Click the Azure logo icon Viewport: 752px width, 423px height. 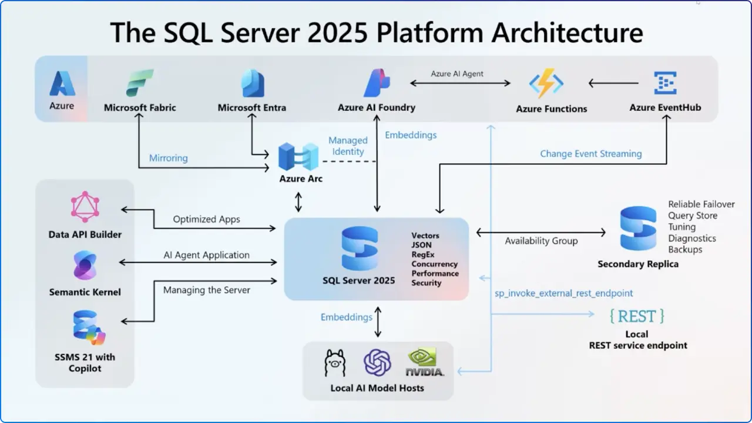click(x=62, y=83)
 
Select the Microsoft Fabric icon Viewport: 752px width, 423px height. click(x=140, y=83)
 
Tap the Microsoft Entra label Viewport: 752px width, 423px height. click(x=252, y=108)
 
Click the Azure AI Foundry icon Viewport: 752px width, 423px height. click(x=377, y=83)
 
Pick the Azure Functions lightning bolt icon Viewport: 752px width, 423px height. click(x=546, y=83)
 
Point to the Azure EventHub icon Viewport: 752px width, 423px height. click(x=665, y=83)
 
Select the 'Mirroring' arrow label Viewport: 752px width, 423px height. click(x=168, y=158)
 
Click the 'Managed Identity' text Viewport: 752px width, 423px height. click(x=348, y=146)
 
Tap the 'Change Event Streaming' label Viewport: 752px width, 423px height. click(x=591, y=154)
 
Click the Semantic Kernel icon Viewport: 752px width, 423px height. click(x=85, y=266)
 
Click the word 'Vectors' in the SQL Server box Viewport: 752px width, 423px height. click(x=425, y=236)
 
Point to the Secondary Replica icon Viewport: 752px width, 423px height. click(x=638, y=229)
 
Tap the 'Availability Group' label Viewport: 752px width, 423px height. click(x=541, y=241)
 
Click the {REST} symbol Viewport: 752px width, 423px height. click(x=637, y=316)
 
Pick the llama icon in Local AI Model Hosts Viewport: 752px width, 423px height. click(x=335, y=362)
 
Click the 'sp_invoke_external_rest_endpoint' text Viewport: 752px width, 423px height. click(x=563, y=293)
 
